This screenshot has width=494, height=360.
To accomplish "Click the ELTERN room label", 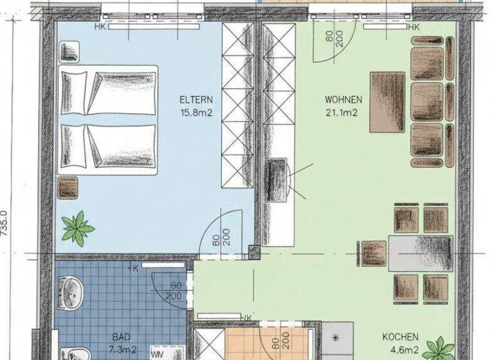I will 196,100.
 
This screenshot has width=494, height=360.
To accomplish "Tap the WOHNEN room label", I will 343,100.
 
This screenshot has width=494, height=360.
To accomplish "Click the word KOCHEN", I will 400,337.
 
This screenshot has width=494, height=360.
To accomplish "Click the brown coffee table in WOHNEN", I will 387,101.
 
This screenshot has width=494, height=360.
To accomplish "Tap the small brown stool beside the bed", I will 68,188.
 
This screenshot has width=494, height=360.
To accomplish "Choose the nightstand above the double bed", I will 69,50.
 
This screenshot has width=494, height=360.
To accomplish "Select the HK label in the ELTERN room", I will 100,27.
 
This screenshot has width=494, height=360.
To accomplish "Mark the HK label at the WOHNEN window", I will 412,27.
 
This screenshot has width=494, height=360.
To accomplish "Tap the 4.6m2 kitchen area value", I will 400,350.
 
